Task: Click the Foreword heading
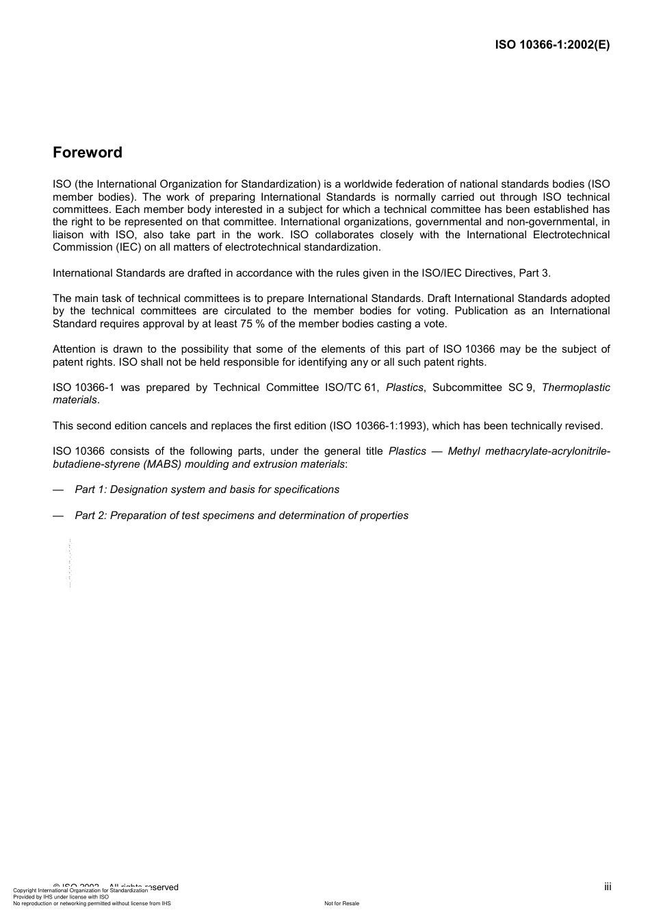tap(88, 153)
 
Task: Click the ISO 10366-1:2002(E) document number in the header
tap(552, 45)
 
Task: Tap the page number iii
tap(608, 887)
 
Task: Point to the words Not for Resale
tap(341, 903)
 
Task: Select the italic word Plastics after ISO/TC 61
tap(404, 388)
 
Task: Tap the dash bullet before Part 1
tap(58, 490)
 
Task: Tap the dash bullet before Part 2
tap(58, 516)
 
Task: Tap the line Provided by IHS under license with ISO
tap(61, 896)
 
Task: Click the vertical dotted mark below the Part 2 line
tap(70, 564)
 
